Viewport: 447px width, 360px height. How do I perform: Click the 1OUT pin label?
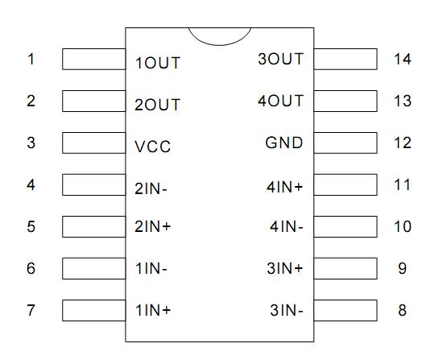coord(158,62)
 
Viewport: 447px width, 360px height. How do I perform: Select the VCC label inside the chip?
coord(153,147)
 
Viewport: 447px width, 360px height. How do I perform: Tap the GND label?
coord(284,143)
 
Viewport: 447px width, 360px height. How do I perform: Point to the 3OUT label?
coord(280,59)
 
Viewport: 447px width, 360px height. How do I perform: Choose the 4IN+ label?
coord(285,186)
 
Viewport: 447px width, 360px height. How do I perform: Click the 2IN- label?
coord(151,189)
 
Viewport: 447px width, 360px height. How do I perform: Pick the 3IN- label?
coord(287,310)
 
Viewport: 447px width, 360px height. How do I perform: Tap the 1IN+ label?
coord(153,310)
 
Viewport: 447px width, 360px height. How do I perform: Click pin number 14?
coord(403,59)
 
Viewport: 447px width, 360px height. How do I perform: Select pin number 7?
coord(31,310)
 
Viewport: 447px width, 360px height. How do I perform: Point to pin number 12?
coord(403,143)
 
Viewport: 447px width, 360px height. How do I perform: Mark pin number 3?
coord(31,143)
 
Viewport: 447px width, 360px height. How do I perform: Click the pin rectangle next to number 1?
coord(93,59)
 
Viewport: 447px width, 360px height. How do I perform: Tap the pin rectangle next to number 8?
coord(345,310)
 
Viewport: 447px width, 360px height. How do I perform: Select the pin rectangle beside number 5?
coord(93,226)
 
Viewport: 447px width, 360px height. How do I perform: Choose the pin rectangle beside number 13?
coord(345,101)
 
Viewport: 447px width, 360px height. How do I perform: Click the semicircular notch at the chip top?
coord(219,35)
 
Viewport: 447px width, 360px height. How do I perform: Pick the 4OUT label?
coord(280,101)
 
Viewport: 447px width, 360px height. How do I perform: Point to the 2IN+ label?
coord(153,227)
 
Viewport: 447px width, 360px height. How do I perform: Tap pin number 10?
coord(403,226)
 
